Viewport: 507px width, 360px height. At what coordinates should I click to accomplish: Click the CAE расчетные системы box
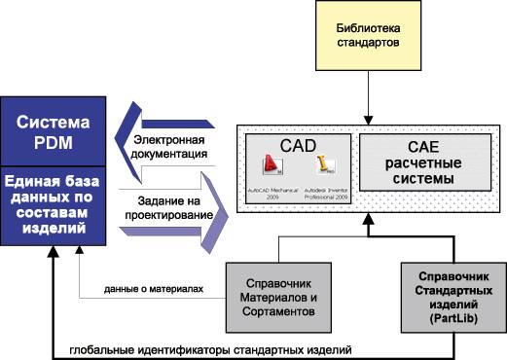pyautogui.click(x=422, y=163)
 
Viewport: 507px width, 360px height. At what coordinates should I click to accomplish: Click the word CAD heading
pyautogui.click(x=300, y=145)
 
